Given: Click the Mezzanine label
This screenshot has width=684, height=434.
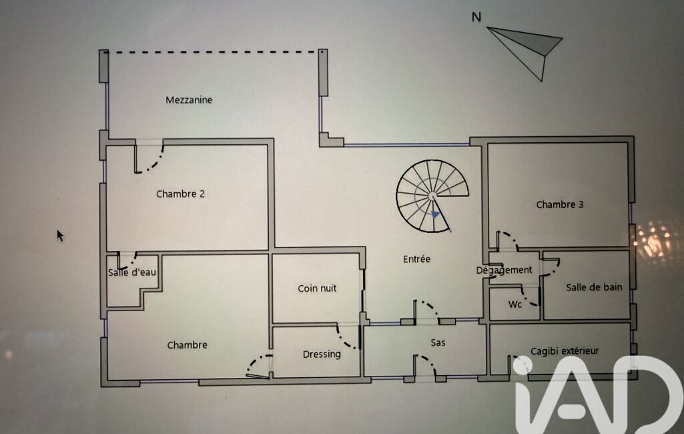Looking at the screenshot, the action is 189,100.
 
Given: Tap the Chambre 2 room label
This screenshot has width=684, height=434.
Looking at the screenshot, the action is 180,194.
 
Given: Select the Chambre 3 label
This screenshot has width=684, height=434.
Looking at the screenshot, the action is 560,204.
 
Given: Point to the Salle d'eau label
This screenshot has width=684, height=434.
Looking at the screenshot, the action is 131,272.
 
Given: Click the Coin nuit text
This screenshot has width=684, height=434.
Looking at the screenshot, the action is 317,288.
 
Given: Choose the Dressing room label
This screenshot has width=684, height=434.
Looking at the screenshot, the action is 322,354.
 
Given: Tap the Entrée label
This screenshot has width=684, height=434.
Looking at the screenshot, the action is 416,259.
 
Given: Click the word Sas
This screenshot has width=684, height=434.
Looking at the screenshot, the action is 438,343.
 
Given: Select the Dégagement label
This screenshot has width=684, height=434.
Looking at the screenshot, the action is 504,270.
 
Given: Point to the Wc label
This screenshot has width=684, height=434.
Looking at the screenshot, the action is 515,304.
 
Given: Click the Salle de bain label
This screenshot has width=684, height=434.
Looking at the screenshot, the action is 594,287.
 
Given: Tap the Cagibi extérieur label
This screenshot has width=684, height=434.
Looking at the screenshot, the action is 565,351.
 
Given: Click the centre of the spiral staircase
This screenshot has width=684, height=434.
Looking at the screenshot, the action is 432,196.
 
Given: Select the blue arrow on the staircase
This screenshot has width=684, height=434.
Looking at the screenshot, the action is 435,214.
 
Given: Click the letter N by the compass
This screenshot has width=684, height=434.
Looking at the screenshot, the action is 476,17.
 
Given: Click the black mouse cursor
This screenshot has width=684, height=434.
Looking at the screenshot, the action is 60,236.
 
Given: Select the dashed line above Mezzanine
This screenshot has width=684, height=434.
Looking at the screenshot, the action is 214,52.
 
